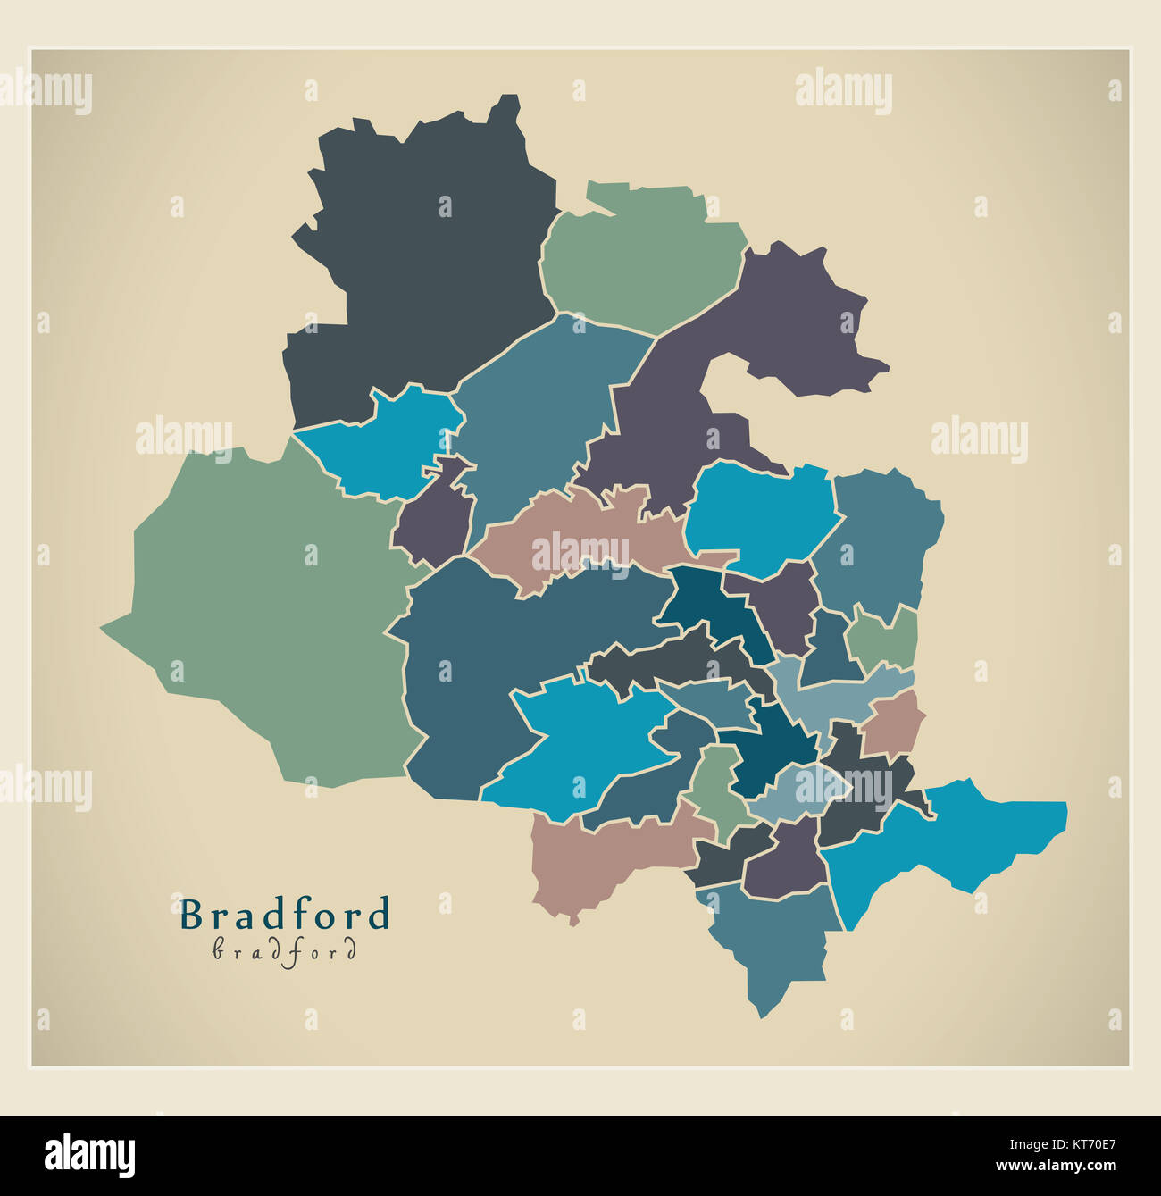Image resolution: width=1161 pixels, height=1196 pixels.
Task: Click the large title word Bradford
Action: tap(285, 915)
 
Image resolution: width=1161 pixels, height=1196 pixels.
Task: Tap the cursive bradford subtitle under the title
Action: tap(285, 950)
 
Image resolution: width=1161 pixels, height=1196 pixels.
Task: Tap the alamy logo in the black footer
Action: tap(89, 1155)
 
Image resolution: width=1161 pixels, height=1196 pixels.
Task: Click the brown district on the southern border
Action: tap(598, 857)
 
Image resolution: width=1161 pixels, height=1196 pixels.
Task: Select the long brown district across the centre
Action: tap(580, 536)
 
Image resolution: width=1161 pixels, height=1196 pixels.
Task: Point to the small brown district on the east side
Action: tap(893, 723)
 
